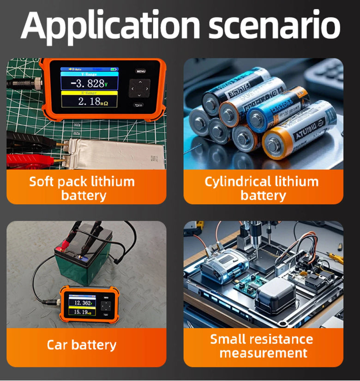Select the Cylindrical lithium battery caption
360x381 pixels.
click(x=262, y=188)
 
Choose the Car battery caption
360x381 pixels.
click(x=82, y=345)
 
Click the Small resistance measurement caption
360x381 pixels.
click(x=262, y=346)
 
